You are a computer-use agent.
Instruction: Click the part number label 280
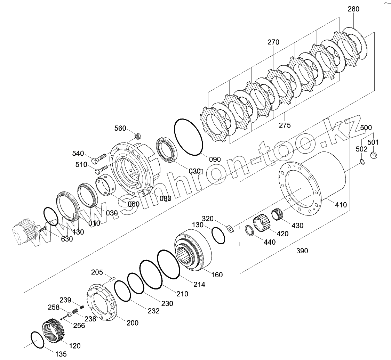353,9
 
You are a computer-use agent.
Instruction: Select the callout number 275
285,125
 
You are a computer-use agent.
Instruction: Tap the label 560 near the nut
120,129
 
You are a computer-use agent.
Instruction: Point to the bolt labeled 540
100,158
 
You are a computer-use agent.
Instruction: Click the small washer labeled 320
230,228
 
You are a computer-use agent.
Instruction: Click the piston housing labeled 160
193,251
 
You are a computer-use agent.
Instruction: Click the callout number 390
302,251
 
